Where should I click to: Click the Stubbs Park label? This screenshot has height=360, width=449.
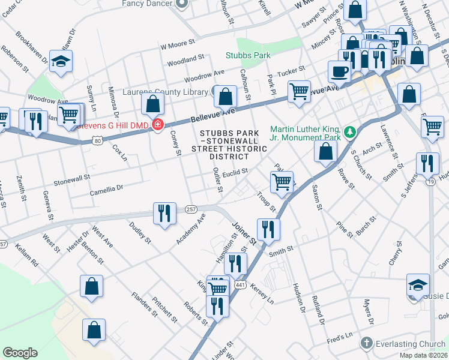pyautogui.click(x=248, y=55)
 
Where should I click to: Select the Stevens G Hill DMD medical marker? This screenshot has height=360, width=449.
pyautogui.click(x=157, y=125)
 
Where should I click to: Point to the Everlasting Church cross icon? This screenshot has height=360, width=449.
pyautogui.click(x=366, y=343)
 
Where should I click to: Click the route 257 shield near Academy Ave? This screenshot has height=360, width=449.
pyautogui.click(x=191, y=208)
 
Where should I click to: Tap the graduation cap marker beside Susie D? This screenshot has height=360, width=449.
pyautogui.click(x=418, y=285)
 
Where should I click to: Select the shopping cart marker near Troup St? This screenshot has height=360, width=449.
pyautogui.click(x=282, y=181)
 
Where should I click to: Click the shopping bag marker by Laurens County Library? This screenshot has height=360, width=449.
pyautogui.click(x=225, y=96)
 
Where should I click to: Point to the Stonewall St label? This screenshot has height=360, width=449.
pyautogui.click(x=71, y=178)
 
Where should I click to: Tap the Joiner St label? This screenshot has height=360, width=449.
pyautogui.click(x=244, y=233)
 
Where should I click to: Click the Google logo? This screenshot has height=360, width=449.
pyautogui.click(x=20, y=353)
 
